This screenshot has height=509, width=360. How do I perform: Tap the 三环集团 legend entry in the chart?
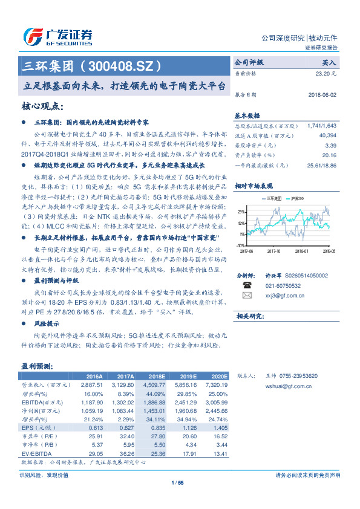click(x=273, y=198)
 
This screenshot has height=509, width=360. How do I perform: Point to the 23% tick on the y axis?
click(x=241, y=212)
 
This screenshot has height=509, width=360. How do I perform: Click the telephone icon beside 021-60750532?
click(x=246, y=285)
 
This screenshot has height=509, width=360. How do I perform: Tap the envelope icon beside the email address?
click(x=246, y=295)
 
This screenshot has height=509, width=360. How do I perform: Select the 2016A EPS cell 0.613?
click(x=95, y=427)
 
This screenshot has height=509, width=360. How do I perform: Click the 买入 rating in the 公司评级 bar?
click(x=329, y=62)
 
